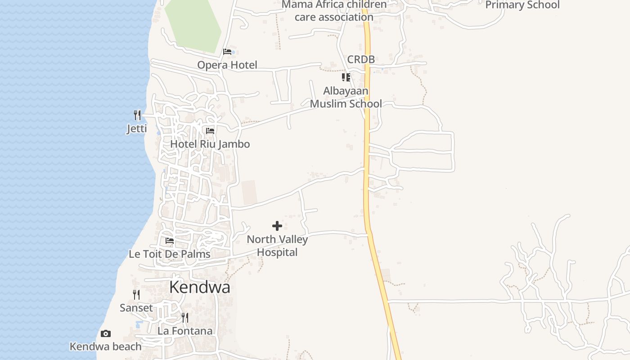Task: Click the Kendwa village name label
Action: [200, 288]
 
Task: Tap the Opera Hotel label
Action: [227, 65]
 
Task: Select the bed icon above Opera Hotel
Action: [227, 52]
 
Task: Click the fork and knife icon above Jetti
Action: [137, 115]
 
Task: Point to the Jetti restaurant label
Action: [137, 129]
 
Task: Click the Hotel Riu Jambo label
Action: [210, 144]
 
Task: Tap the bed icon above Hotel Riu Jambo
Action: [210, 131]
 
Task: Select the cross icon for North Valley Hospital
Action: [277, 226]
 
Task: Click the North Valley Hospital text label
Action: [277, 246]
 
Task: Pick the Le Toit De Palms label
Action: [170, 254]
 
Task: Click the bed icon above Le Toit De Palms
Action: [170, 241]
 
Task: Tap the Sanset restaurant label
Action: [136, 308]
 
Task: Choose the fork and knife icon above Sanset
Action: [136, 295]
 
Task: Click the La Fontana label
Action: [185, 331]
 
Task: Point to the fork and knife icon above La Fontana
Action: [185, 318]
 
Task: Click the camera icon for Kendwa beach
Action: [106, 333]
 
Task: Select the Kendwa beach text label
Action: [106, 346]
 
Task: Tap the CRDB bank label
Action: [361, 59]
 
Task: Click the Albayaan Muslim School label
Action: [346, 97]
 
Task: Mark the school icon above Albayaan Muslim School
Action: [346, 77]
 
